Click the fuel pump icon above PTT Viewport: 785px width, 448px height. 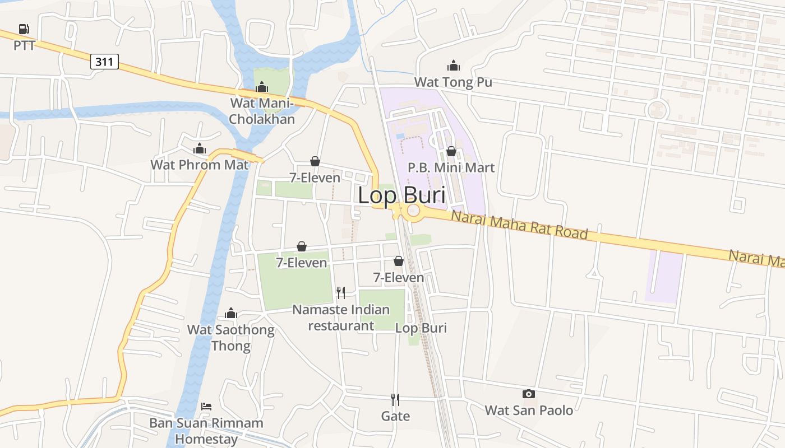pos(24,29)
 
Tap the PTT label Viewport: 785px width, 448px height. pos(24,45)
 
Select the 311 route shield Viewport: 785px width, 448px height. pos(104,62)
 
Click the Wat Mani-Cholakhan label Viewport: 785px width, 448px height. pos(262,111)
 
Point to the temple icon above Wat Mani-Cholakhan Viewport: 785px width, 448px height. pos(262,87)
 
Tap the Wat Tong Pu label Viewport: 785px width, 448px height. pos(453,82)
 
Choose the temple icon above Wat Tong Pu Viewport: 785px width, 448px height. pos(453,66)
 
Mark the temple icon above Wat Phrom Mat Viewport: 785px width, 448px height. pos(200,148)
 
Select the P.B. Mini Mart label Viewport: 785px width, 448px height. pos(451,167)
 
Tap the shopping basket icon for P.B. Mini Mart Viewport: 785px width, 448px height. pos(451,151)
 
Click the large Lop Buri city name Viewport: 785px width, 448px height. pos(401,196)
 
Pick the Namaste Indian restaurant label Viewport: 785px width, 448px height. pos(341,318)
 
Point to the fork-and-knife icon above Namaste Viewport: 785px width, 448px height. pos(341,292)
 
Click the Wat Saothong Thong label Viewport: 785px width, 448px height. pos(231,337)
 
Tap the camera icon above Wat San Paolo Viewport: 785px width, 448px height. pos(528,394)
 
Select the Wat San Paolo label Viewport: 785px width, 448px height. pos(529,410)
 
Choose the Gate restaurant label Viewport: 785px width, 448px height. pos(395,416)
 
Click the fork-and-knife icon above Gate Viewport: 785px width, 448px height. pos(395,399)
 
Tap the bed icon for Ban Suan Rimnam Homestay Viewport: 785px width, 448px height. pos(206,407)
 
